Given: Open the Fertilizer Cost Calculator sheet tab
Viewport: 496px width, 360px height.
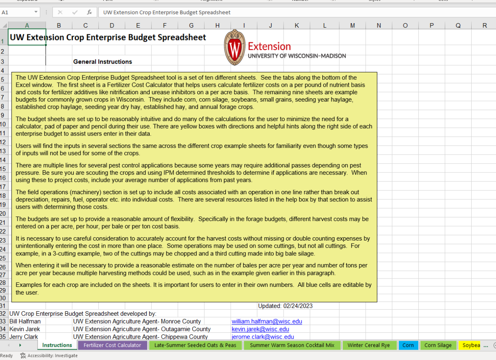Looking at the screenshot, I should coord(112,345).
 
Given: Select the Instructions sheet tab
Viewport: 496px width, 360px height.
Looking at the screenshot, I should coord(57,345).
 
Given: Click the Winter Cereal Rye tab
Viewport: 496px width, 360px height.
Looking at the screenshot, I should coord(368,345).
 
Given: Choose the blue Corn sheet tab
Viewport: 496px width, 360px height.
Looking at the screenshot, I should coord(408,345).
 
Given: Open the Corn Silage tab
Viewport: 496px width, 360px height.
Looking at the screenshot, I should coord(438,345).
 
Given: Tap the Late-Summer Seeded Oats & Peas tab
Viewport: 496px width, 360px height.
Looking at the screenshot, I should coord(195,345).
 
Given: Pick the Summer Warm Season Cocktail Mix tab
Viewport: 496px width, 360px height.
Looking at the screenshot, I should coord(292,345).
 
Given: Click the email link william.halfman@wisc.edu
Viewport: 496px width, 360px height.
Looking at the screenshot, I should coord(267,321).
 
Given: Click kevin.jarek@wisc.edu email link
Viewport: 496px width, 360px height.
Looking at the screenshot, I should coord(260,329).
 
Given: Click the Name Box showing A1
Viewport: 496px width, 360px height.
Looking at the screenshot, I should coord(17,12).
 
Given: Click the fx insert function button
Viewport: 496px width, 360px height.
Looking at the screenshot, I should coord(89,12).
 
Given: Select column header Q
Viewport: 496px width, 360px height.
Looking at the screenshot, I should coord(458,25).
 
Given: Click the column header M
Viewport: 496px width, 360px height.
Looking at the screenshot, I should coord(352,25).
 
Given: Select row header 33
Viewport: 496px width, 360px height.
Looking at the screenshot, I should coord(4,321).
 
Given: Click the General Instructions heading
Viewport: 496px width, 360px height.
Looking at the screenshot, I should coord(103,62).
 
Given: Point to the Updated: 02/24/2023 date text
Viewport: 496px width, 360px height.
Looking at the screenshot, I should coord(285,306).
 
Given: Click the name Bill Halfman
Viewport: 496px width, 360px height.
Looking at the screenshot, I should coord(25,321).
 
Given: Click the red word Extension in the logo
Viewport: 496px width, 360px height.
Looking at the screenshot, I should coord(269,46).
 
